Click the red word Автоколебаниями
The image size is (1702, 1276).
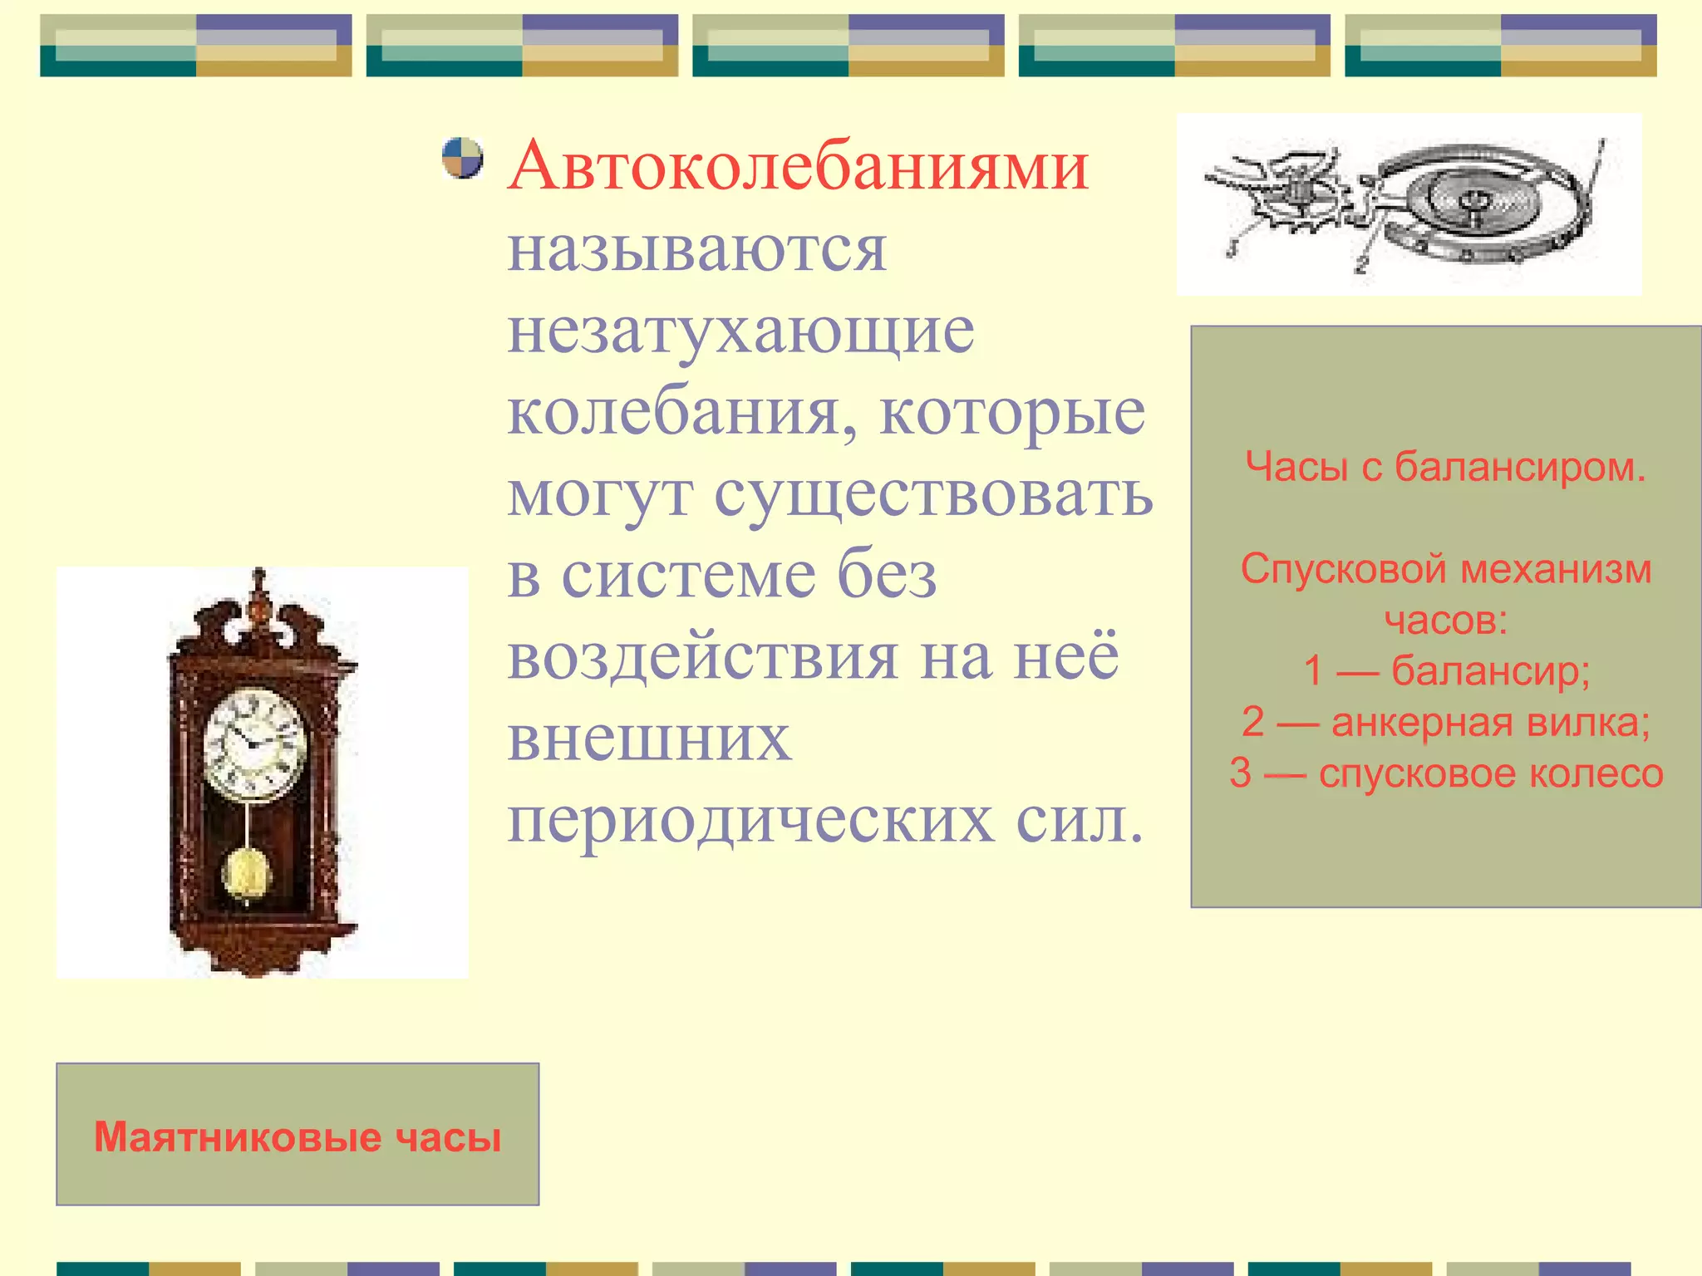click(798, 166)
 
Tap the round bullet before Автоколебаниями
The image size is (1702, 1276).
click(462, 158)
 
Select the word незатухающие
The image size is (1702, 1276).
click(740, 331)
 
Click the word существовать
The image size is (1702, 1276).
click(933, 493)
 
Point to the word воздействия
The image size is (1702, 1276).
click(703, 656)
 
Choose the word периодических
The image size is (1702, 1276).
click(750, 820)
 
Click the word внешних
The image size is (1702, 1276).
click(649, 738)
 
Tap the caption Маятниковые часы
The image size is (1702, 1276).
click(298, 1136)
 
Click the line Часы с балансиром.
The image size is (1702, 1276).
click(1445, 466)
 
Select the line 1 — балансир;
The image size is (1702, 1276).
click(1445, 670)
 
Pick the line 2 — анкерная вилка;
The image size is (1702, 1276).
click(1445, 721)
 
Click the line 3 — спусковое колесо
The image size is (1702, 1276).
click(1445, 773)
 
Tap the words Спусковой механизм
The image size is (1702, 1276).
click(1445, 569)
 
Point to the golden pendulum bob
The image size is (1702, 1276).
click(246, 874)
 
